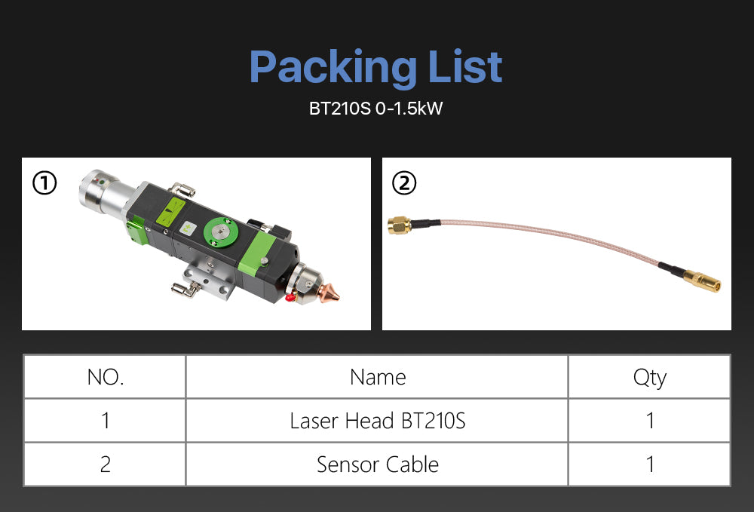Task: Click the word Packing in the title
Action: (333, 68)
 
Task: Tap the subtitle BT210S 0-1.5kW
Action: (375, 108)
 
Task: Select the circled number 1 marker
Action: (44, 183)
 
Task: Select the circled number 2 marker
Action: (404, 183)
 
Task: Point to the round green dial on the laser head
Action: (220, 231)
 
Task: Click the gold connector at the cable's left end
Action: (400, 225)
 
